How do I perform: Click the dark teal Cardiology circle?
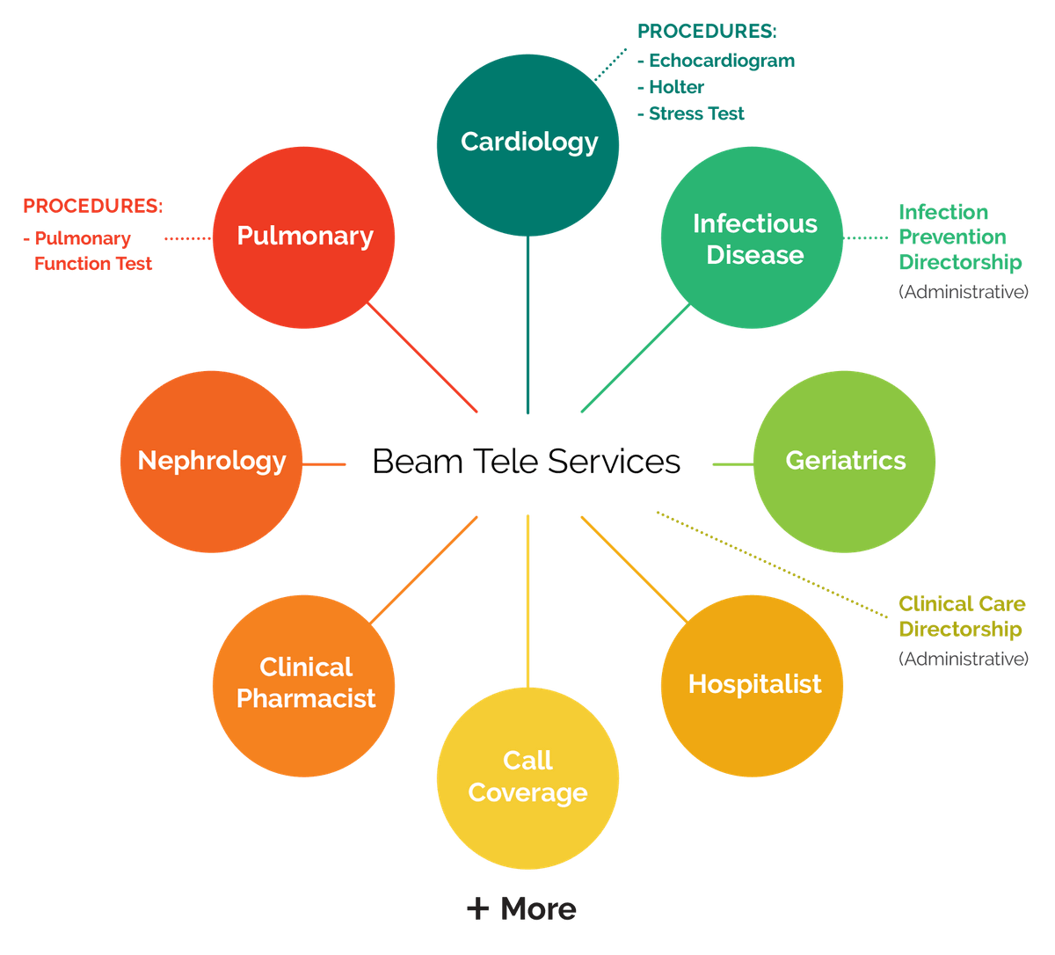click(x=528, y=142)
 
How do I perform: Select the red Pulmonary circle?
click(x=304, y=237)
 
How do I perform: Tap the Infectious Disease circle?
click(x=753, y=238)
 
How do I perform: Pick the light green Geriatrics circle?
click(x=845, y=461)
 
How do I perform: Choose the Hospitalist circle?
click(x=753, y=684)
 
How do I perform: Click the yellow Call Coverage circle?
click(x=527, y=777)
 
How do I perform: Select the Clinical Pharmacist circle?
click(x=305, y=683)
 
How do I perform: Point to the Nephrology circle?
click(x=211, y=461)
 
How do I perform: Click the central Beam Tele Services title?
click(x=526, y=462)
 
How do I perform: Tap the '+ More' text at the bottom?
click(x=522, y=909)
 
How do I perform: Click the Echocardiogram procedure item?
click(x=717, y=61)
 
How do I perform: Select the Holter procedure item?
click(x=673, y=87)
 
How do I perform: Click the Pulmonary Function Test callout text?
click(x=88, y=252)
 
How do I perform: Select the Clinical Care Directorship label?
click(x=961, y=616)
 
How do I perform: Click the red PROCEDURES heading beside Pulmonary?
click(x=93, y=207)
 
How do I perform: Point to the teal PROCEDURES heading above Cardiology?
click(x=707, y=32)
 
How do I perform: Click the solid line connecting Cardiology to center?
click(x=528, y=325)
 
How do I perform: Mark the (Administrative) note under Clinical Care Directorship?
click(x=963, y=658)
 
